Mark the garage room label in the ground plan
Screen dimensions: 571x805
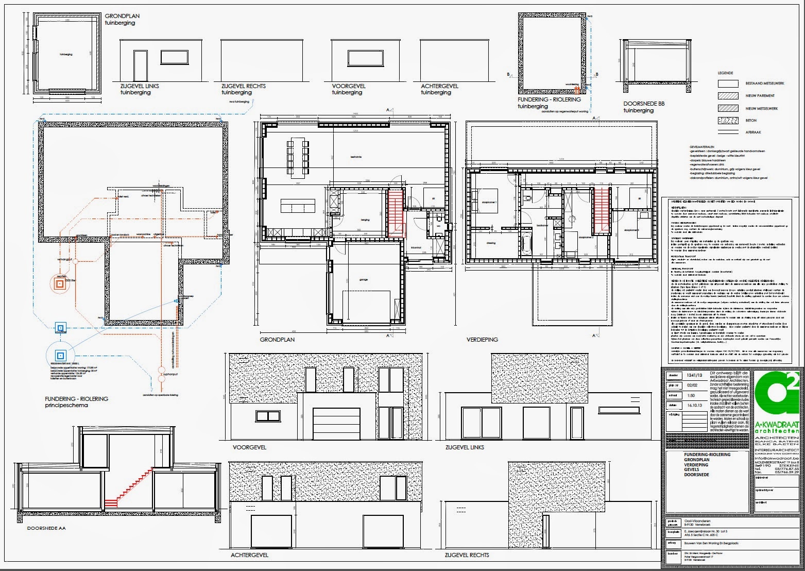pyautogui.click(x=364, y=280)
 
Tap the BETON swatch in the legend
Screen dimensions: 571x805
pyautogui.click(x=729, y=120)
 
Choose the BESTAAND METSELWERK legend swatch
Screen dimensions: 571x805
pyautogui.click(x=729, y=83)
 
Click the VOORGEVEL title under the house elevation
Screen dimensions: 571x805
pyautogui.click(x=249, y=447)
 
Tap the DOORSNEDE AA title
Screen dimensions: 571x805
pyautogui.click(x=46, y=528)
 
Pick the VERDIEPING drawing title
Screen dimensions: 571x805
pyautogui.click(x=482, y=340)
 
